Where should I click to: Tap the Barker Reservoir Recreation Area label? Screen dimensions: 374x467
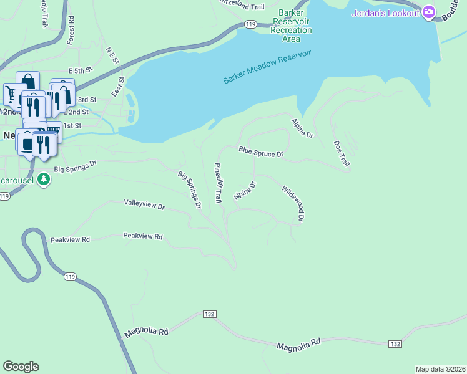pos(291,25)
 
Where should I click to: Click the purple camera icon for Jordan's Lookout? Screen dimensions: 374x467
pos(428,12)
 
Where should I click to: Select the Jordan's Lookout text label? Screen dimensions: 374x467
pos(386,12)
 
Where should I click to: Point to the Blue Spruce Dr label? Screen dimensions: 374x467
pos(261,151)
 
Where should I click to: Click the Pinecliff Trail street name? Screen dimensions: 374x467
pos(218,183)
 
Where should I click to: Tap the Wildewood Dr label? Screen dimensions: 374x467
pos(292,203)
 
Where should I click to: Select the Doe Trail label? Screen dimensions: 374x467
pos(341,153)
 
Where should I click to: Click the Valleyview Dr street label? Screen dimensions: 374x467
pos(144,204)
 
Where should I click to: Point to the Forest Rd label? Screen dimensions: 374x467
pos(71,30)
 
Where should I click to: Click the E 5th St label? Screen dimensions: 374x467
pos(81,72)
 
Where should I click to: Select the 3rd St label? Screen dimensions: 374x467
pos(86,99)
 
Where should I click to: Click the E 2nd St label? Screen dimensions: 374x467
pos(77,112)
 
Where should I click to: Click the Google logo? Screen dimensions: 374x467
pos(21,367)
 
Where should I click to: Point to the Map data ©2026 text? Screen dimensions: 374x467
pos(440,369)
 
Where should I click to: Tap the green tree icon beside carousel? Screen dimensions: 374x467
pos(43,179)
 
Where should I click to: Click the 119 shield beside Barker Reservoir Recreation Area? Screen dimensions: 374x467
pos(250,24)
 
